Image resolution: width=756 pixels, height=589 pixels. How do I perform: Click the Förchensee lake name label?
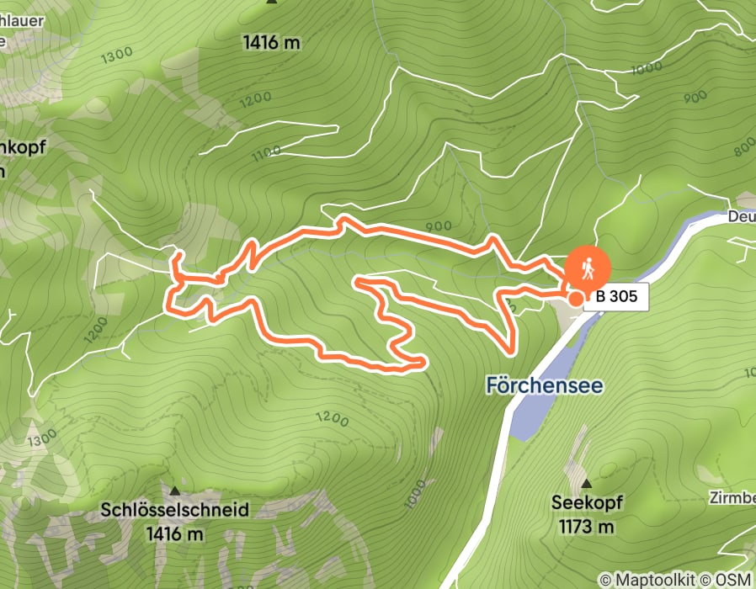pos(545,385)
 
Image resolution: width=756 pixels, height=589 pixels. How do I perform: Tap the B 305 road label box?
pos(621,297)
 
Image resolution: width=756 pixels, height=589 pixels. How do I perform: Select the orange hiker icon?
pos(588,268)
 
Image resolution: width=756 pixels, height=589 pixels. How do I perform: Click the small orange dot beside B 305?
pos(576,297)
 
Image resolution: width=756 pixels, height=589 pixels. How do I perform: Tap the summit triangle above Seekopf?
pos(586,484)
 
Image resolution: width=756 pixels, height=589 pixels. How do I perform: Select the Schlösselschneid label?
pos(175,510)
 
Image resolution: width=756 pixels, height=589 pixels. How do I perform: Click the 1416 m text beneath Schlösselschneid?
pos(175,533)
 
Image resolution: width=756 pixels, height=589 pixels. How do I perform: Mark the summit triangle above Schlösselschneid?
pos(175,491)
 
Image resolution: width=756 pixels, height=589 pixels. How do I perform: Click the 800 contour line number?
pos(744,146)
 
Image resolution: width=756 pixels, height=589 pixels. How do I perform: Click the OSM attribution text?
pos(735,580)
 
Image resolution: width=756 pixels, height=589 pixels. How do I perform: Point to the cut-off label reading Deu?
pos(740,217)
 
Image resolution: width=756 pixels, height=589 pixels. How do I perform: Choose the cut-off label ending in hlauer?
pos(21,20)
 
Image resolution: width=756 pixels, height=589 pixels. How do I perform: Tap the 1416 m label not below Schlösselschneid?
pos(271,41)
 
